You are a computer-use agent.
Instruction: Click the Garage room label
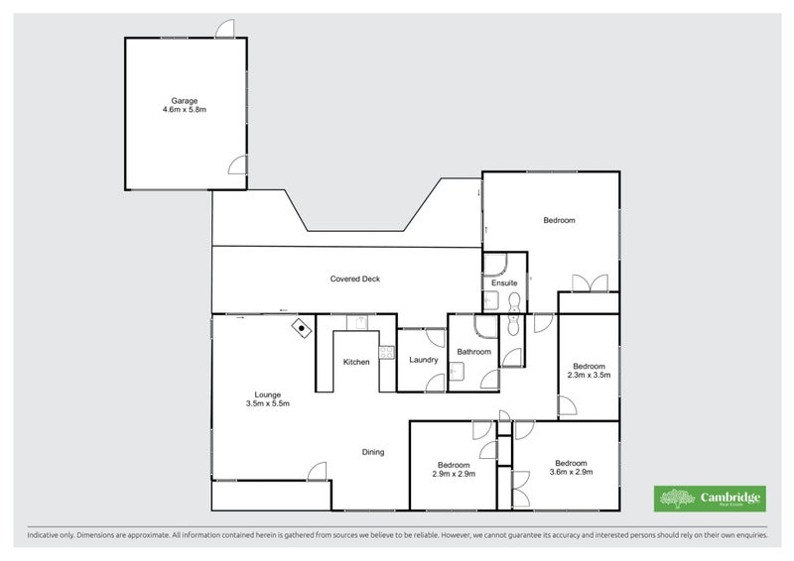(184, 100)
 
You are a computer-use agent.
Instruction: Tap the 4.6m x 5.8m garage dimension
(184, 110)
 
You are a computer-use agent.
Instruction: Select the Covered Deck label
(355, 280)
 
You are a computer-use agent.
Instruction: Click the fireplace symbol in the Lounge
(300, 328)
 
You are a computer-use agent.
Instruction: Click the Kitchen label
(356, 362)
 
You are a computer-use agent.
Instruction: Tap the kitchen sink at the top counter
(358, 321)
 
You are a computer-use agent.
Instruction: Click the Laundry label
(424, 359)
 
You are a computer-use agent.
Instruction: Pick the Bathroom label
(473, 352)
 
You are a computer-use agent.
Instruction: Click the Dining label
(372, 452)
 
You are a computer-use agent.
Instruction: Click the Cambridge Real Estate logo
(709, 499)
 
